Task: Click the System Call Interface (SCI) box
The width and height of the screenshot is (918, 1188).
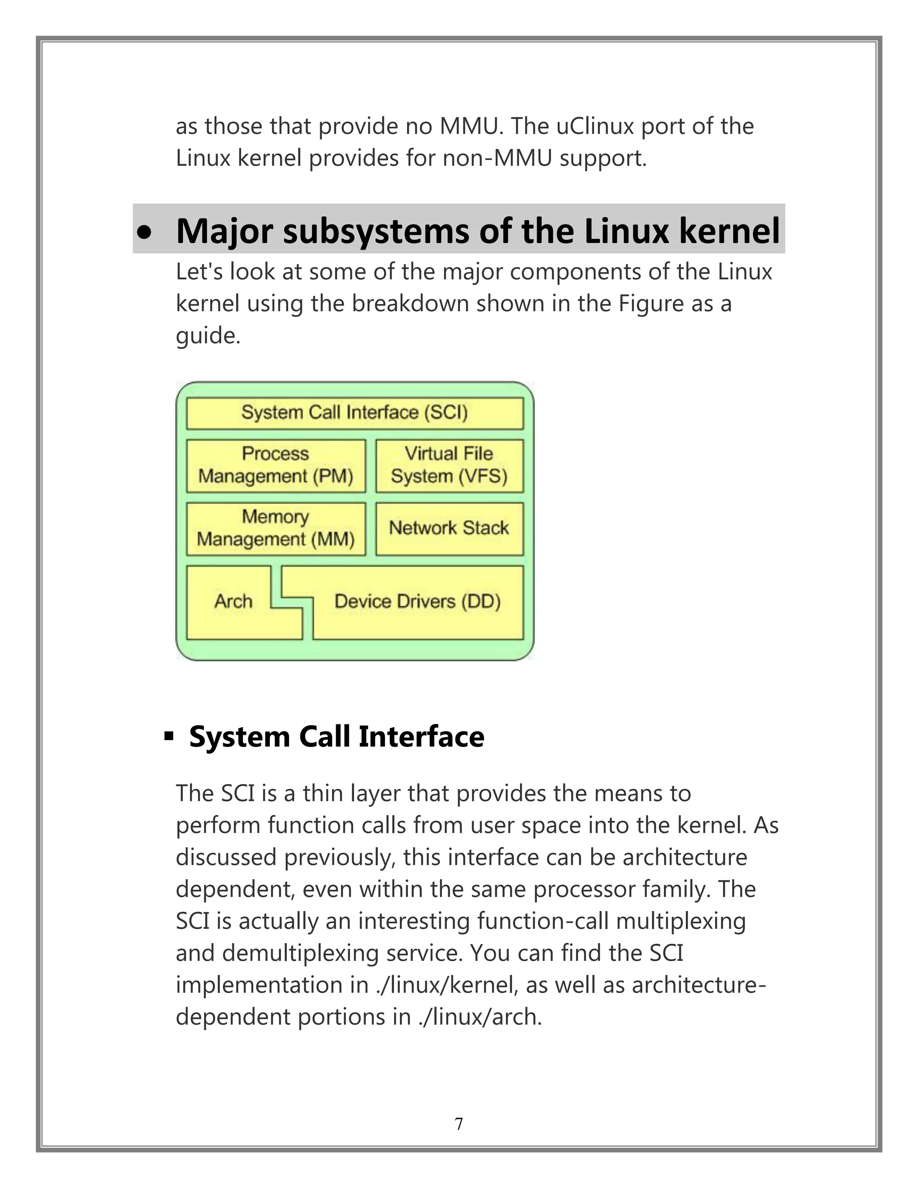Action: [x=355, y=413]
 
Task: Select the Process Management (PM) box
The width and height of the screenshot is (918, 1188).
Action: [x=276, y=466]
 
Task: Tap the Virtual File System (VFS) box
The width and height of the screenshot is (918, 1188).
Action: [x=449, y=466]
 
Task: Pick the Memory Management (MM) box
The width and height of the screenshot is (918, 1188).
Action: [x=276, y=528]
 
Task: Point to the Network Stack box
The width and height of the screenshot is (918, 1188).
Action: [x=449, y=528]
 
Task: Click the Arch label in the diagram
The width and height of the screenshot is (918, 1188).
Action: [x=233, y=602]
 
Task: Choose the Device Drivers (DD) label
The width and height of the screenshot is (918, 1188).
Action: [x=417, y=602]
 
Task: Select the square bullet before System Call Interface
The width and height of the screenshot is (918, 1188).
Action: [x=169, y=737]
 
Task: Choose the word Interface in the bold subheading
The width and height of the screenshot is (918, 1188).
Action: [x=421, y=737]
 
